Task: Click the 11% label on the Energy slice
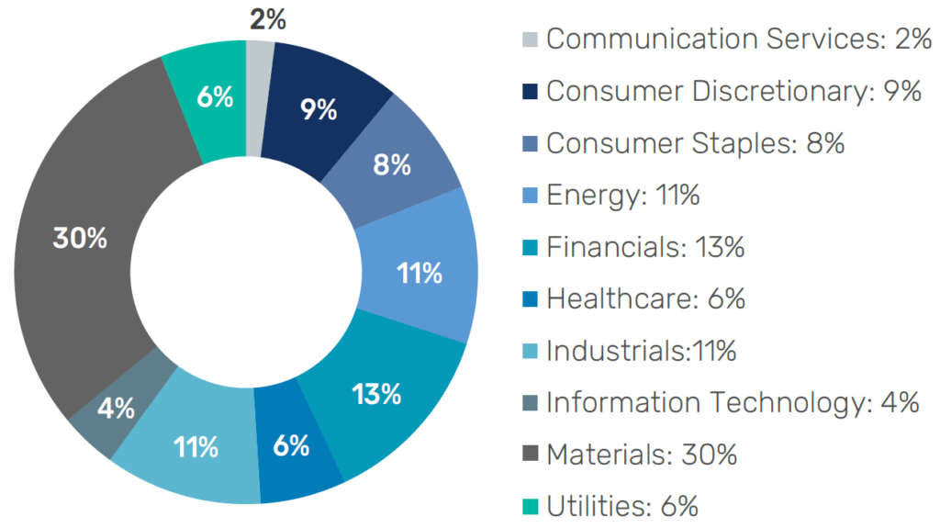click(420, 274)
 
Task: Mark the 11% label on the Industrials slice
click(195, 447)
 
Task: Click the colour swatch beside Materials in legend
click(531, 455)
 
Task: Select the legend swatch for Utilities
click(531, 506)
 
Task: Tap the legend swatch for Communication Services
click(531, 39)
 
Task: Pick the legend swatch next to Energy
click(531, 195)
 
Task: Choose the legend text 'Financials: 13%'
click(644, 247)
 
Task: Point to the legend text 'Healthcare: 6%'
click(645, 298)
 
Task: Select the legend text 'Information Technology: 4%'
click(733, 402)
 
